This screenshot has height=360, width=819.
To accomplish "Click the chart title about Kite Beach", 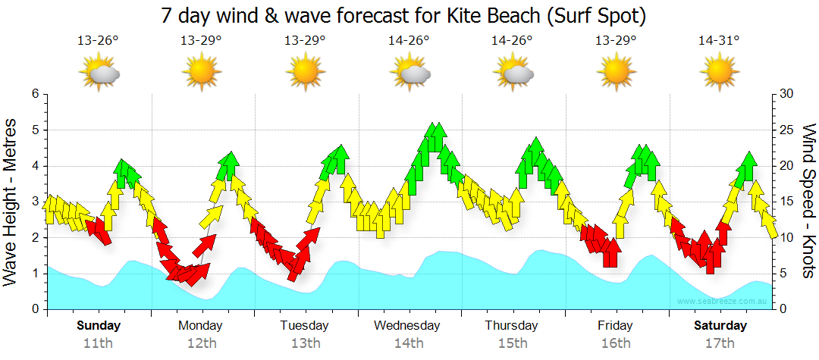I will pyautogui.click(x=409, y=15).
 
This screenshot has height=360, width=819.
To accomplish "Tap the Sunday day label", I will pyautogui.click(x=99, y=326).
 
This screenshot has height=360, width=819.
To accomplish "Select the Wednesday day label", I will pyautogui.click(x=407, y=326).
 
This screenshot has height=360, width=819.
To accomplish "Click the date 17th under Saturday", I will pyautogui.click(x=720, y=343).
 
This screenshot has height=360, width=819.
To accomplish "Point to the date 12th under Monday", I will pyautogui.click(x=200, y=343).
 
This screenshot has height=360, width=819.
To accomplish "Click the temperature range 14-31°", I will pyautogui.click(x=719, y=42).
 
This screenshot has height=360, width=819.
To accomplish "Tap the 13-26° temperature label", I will pyautogui.click(x=99, y=42).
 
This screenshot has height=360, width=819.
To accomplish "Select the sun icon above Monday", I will pyautogui.click(x=201, y=73).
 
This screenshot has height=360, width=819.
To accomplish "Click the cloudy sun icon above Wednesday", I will pyautogui.click(x=410, y=73).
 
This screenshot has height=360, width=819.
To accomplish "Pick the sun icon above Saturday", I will pyautogui.click(x=719, y=73).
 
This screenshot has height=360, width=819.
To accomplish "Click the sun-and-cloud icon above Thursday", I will pyautogui.click(x=514, y=73).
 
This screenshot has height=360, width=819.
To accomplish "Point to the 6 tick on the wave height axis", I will pyautogui.click(x=35, y=94).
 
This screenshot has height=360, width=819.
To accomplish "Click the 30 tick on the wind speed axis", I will pyautogui.click(x=786, y=94).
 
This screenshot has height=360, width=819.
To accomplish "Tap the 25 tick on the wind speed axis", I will pyautogui.click(x=786, y=130).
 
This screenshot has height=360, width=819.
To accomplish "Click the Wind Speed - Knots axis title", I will pyautogui.click(x=808, y=202).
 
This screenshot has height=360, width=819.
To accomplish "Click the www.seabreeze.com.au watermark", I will pyautogui.click(x=723, y=302).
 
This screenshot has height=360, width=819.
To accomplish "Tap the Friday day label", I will pyautogui.click(x=615, y=326).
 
